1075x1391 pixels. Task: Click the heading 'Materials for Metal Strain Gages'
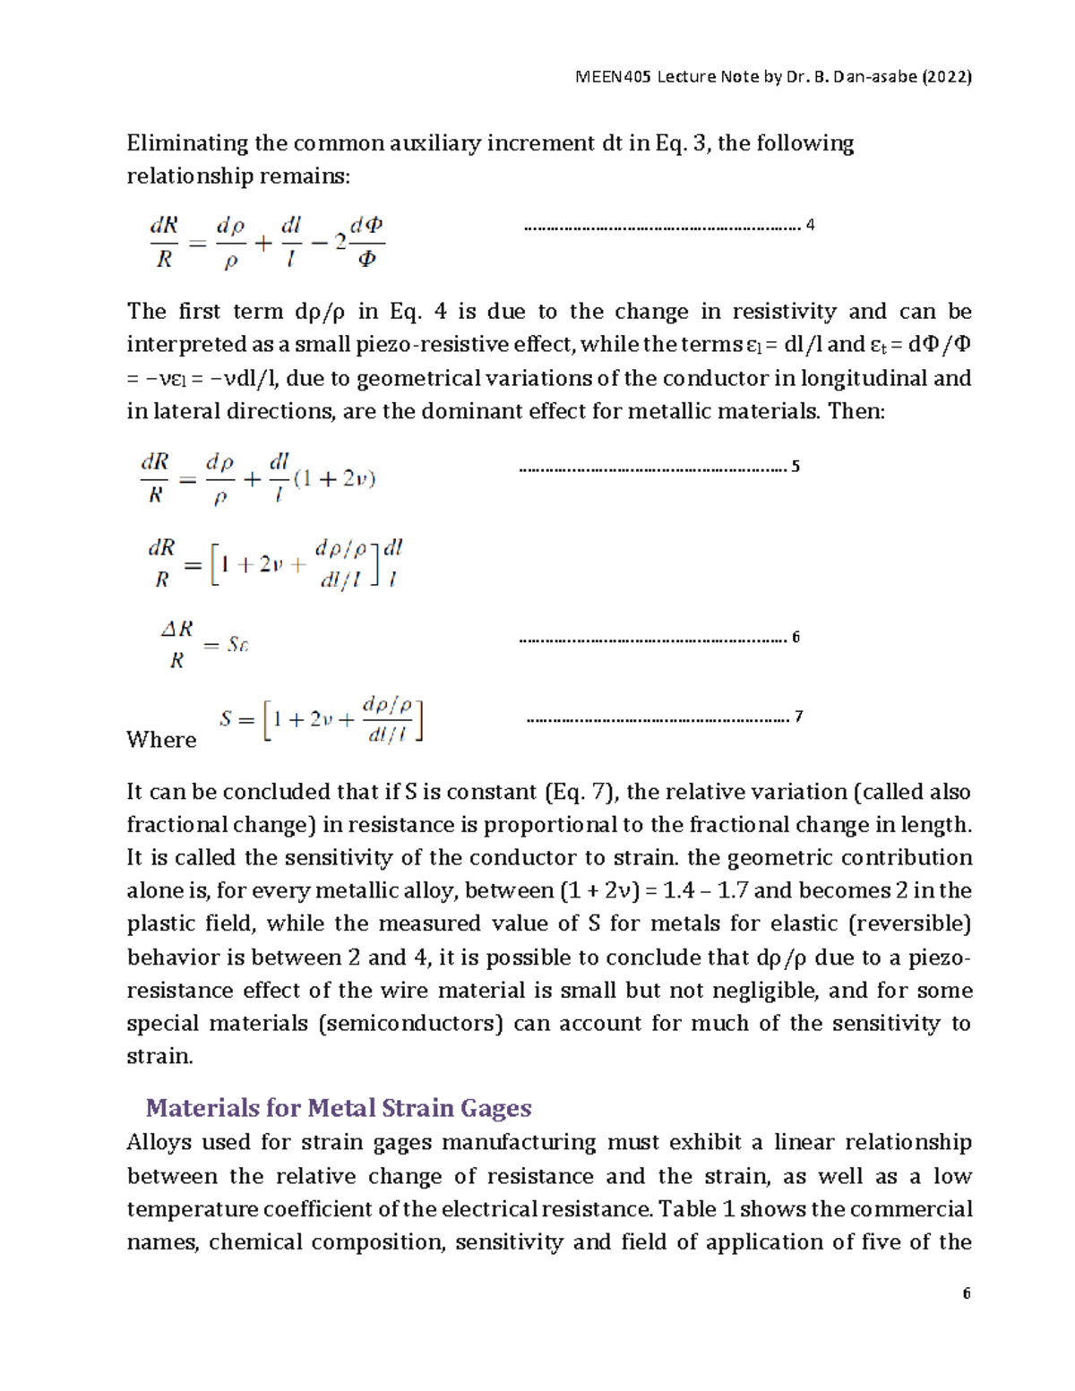[339, 1108]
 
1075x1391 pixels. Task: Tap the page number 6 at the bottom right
[967, 1293]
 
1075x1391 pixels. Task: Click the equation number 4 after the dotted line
[810, 225]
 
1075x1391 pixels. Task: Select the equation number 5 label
[795, 467]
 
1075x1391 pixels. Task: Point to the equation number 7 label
[798, 717]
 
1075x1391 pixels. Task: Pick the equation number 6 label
[795, 638]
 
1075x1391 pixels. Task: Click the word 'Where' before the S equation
[161, 740]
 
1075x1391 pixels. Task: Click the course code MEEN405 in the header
[614, 77]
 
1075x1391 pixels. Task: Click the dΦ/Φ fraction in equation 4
[366, 242]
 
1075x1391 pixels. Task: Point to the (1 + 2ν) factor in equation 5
[334, 479]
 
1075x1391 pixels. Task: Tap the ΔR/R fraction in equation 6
[177, 645]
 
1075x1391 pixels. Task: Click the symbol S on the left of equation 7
[226, 718]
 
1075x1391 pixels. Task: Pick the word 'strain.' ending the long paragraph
[159, 1056]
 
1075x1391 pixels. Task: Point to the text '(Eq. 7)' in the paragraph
[582, 792]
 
